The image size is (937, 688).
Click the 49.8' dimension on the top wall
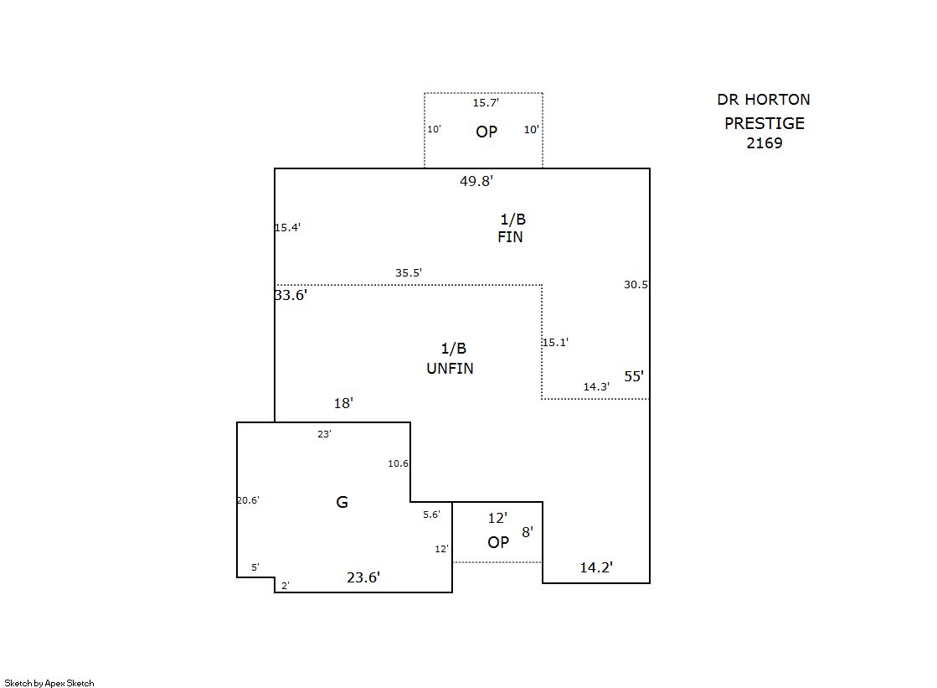coord(476,180)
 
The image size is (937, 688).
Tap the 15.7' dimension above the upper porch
coord(486,103)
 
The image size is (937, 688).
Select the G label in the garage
coord(342,502)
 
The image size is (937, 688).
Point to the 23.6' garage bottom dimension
coord(363,577)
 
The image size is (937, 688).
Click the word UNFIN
coord(450,369)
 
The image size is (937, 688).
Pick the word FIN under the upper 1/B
coord(510,237)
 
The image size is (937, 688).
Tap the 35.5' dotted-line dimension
coord(409,273)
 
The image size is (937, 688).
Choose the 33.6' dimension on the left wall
coord(291,295)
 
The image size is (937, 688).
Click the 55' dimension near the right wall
coord(634,376)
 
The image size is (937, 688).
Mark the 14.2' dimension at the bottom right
coord(596,567)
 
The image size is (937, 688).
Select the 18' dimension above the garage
coord(343,403)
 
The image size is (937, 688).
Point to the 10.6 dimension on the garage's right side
coord(398,463)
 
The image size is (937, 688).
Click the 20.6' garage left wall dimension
coord(248,500)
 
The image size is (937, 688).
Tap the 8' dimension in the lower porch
coord(528,531)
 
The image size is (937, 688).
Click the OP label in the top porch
coord(487,132)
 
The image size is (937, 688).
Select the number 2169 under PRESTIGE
coord(765,143)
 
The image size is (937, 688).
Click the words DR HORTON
coord(763,100)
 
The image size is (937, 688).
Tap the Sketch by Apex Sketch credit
coord(49,683)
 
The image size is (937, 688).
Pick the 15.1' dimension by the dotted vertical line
coord(555,342)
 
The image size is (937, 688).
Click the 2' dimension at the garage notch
coord(286,586)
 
